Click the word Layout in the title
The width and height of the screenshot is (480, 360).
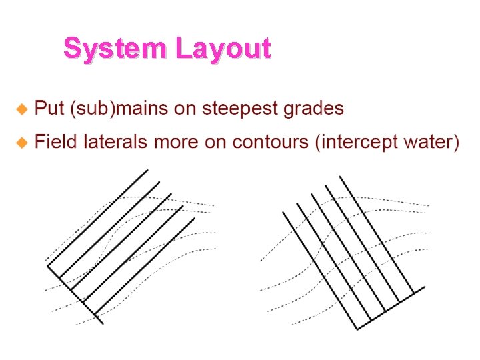(x=223, y=48)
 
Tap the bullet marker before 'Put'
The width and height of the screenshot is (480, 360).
(x=22, y=107)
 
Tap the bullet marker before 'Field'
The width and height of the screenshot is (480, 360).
(x=22, y=141)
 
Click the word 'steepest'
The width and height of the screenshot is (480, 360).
(x=241, y=108)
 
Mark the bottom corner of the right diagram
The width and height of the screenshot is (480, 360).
(x=357, y=329)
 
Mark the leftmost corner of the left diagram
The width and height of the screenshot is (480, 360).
(x=47, y=267)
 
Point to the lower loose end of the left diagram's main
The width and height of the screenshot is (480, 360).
(x=103, y=323)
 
